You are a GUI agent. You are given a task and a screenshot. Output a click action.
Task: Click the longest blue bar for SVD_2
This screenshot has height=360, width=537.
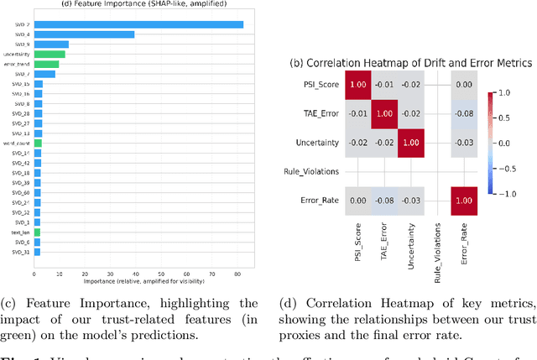[138, 24]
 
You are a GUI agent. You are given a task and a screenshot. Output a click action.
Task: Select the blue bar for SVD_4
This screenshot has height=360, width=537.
[84, 34]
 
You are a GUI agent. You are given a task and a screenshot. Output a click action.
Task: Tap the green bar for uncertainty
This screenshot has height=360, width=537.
[50, 54]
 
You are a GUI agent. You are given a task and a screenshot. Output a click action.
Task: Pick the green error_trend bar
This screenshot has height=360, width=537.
[46, 64]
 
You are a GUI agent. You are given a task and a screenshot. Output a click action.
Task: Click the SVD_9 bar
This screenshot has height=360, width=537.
[51, 44]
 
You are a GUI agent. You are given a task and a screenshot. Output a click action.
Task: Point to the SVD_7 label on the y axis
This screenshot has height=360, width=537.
[22, 74]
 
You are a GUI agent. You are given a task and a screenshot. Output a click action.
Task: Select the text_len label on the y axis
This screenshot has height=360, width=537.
[21, 232]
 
